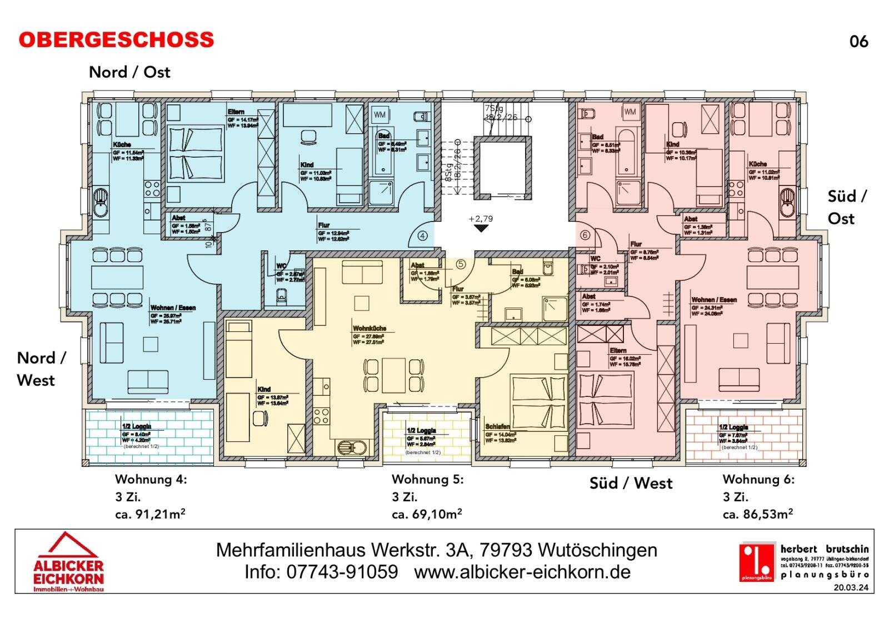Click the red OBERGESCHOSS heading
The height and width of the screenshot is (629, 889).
[x=116, y=40]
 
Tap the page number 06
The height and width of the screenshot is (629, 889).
[x=858, y=42]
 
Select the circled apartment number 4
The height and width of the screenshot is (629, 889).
[x=423, y=235]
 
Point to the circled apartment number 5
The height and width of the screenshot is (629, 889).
[x=461, y=264]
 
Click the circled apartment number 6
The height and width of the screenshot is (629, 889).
[x=585, y=235]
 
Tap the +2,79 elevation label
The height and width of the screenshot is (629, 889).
[x=481, y=219]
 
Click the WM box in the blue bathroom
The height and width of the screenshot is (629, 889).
[x=379, y=115]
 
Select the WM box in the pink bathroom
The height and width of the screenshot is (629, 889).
[x=630, y=112]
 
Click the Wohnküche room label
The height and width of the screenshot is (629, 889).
[x=369, y=329]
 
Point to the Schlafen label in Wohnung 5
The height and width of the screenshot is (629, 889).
[x=497, y=427]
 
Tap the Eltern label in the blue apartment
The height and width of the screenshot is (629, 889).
[x=236, y=112]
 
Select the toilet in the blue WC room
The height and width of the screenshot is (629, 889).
[x=282, y=296]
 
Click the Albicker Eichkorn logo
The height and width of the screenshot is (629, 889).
[x=68, y=562]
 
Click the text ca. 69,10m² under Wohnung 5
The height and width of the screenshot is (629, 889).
[x=427, y=515]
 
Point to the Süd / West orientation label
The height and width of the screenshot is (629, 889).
[x=631, y=484]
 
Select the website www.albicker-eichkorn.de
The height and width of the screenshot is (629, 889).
[x=522, y=572]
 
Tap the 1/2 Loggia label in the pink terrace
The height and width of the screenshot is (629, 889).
[x=733, y=427]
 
